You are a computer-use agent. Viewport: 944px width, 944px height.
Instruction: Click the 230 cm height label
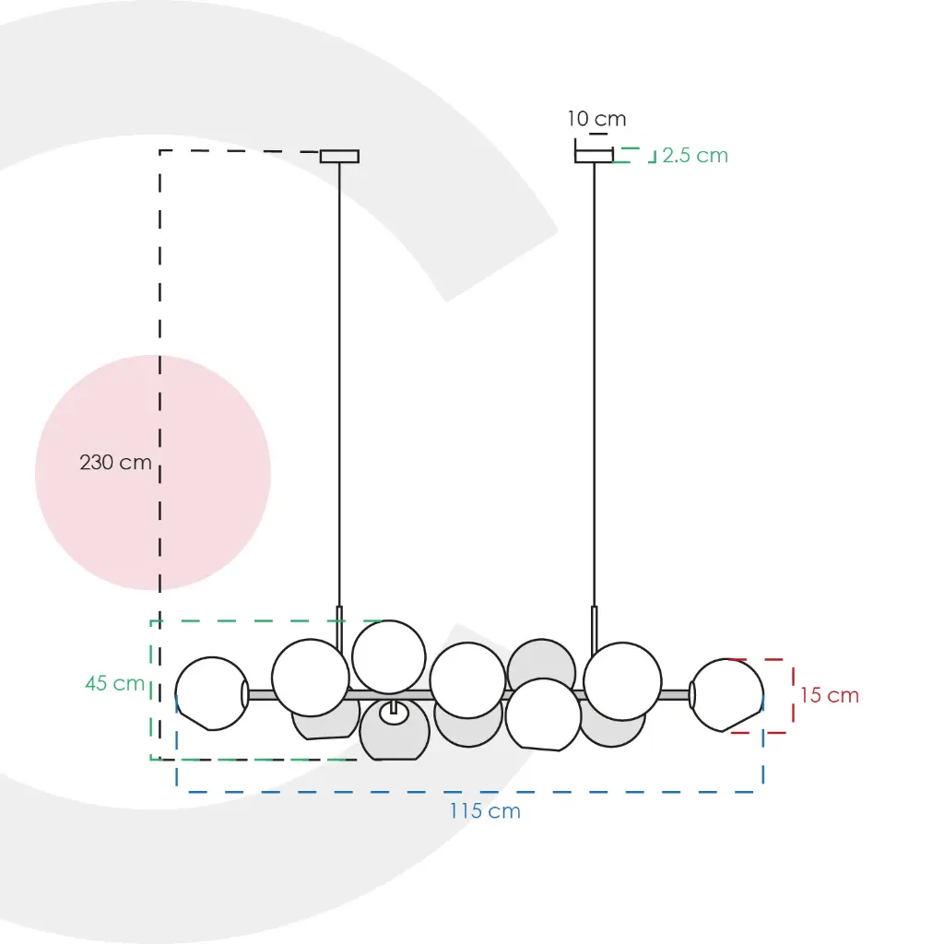click(x=115, y=463)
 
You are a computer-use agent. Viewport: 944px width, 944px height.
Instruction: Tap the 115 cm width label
click(x=485, y=811)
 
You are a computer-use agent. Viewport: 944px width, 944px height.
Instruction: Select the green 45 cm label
click(x=114, y=683)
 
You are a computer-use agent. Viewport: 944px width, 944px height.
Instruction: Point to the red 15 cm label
click(x=829, y=695)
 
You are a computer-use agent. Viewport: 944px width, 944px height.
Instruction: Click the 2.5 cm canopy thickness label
click(x=695, y=155)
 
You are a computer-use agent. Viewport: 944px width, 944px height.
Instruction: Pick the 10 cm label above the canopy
click(x=596, y=119)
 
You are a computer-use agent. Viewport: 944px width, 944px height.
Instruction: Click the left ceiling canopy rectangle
click(x=339, y=157)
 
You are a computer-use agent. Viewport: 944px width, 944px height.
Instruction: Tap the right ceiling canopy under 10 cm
click(x=595, y=155)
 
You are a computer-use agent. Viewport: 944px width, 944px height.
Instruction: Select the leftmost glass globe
click(x=212, y=693)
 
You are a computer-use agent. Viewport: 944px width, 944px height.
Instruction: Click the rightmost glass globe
click(x=726, y=695)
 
